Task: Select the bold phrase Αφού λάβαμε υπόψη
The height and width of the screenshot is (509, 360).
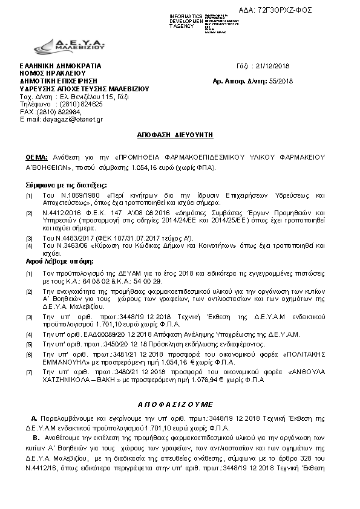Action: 51,261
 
